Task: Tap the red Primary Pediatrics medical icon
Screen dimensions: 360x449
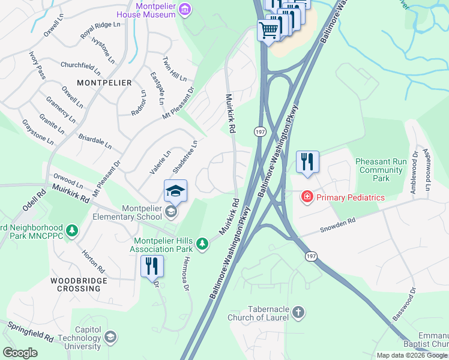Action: click(307, 197)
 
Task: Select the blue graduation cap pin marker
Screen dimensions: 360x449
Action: click(175, 191)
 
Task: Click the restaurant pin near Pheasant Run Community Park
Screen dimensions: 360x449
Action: click(307, 162)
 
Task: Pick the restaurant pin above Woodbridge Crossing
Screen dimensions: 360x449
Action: click(152, 267)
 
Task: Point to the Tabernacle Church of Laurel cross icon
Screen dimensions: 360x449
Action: click(299, 312)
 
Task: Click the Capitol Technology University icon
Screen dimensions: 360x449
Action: click(110, 338)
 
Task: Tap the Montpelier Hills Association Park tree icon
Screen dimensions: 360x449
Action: click(203, 242)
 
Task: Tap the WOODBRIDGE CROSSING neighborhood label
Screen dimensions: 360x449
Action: click(79, 284)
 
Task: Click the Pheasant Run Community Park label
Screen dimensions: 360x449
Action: click(381, 170)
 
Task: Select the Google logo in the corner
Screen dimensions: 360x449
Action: click(20, 353)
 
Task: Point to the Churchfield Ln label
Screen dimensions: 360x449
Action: click(80, 66)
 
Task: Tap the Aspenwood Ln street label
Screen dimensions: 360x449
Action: click(427, 169)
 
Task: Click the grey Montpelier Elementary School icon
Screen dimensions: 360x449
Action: click(171, 211)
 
